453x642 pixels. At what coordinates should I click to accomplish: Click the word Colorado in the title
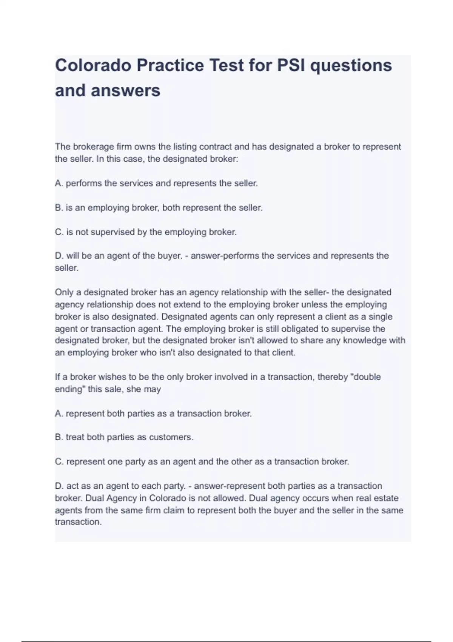(x=92, y=65)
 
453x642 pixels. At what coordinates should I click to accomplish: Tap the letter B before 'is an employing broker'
(x=59, y=208)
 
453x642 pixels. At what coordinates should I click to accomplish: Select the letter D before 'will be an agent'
(x=59, y=256)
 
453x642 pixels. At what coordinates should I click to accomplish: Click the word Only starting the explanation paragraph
(x=63, y=292)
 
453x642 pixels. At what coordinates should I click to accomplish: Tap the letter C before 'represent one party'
(x=59, y=461)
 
